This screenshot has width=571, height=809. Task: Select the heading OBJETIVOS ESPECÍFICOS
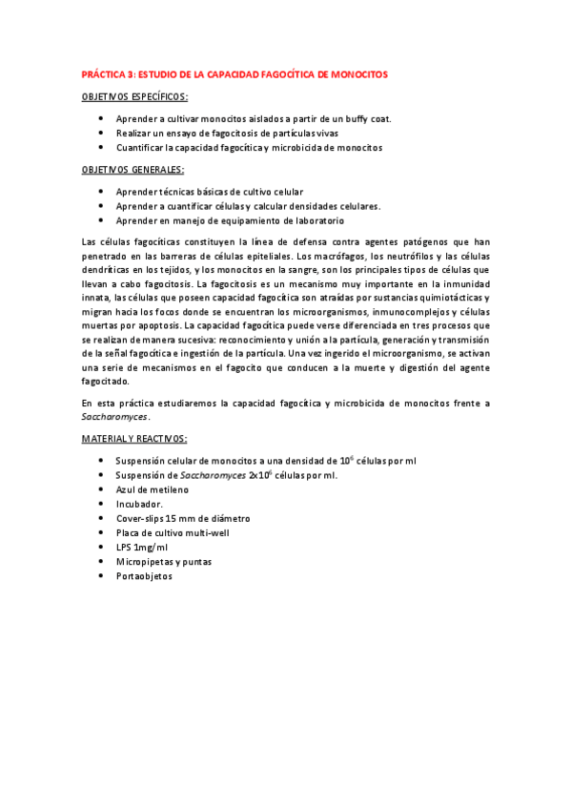click(x=134, y=96)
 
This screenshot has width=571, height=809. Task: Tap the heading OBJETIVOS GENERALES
click(x=133, y=170)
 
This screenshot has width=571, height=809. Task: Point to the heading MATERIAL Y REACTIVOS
click(x=134, y=439)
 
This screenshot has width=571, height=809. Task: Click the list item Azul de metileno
click(x=152, y=489)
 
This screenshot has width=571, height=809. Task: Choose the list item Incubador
click(x=139, y=504)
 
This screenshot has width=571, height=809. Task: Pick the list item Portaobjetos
click(x=144, y=575)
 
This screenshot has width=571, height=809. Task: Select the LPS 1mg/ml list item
click(x=141, y=547)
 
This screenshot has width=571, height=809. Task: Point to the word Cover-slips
click(x=141, y=518)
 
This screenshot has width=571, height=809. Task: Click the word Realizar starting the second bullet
click(x=134, y=134)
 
